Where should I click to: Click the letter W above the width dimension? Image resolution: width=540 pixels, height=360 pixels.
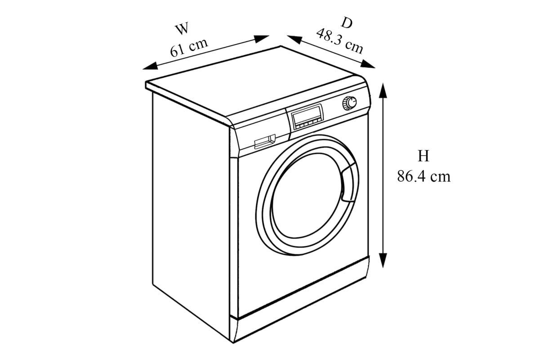(x=182, y=29)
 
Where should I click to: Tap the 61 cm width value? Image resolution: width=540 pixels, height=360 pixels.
(x=189, y=47)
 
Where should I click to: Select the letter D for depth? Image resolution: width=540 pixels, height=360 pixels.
(x=347, y=22)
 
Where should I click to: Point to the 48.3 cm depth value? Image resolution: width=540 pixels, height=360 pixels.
(x=339, y=40)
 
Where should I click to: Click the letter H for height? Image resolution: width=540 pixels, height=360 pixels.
(x=423, y=156)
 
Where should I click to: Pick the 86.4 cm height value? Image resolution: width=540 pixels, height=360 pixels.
(x=423, y=176)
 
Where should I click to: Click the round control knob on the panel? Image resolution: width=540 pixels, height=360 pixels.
(x=349, y=103)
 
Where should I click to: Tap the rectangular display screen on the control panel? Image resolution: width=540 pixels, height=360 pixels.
(x=308, y=116)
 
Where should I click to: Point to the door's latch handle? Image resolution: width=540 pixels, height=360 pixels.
(x=348, y=183)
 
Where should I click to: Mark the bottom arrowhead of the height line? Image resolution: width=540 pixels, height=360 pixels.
(x=383, y=261)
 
